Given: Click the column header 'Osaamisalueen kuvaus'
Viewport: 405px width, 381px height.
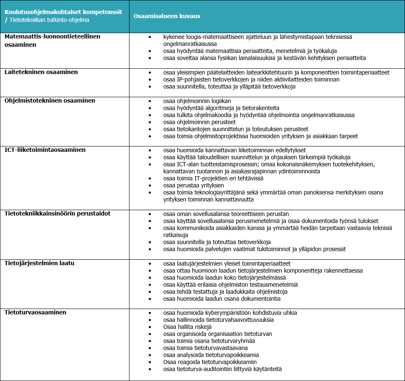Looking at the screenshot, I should click(167, 16).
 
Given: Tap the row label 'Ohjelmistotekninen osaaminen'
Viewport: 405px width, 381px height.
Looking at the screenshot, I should click(50, 101).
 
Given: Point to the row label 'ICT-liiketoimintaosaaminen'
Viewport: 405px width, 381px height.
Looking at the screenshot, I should click(45, 150).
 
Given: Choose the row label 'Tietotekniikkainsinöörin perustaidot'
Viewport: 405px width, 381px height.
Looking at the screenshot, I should click(58, 213).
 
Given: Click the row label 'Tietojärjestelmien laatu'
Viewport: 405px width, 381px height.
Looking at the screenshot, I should click(39, 263).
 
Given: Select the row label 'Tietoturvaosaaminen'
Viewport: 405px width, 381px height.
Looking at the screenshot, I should click(35, 312).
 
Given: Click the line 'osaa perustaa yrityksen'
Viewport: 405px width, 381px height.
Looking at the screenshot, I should click(193, 185).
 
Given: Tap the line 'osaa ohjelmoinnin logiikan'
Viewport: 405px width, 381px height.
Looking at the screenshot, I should click(197, 101).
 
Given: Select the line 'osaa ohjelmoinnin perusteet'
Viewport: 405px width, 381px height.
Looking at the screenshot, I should click(199, 122).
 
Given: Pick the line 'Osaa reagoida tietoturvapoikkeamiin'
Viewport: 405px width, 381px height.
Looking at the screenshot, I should click(210, 362).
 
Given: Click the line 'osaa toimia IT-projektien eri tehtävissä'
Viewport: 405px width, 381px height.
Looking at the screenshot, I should click(213, 178).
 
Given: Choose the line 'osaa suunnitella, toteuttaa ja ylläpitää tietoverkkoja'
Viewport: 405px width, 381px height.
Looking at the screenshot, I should click(229, 86).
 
